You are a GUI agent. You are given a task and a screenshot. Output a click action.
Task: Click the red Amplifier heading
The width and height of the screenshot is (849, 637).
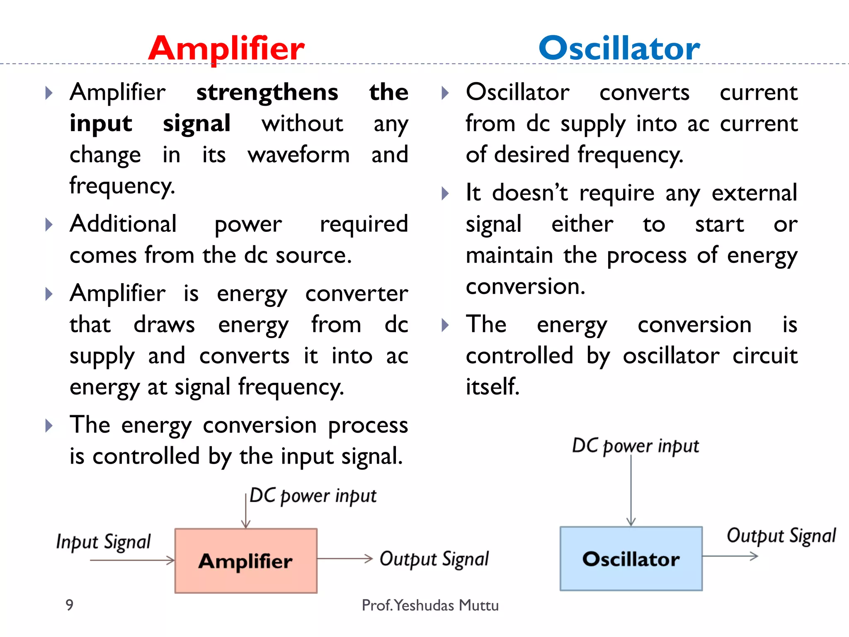click(226, 49)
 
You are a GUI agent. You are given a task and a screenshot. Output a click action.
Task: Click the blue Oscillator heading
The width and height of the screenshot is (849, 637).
click(619, 49)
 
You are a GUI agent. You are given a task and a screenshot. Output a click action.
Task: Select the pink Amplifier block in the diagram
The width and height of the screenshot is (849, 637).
click(246, 561)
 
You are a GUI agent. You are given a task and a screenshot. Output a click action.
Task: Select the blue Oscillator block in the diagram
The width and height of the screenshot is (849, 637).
click(631, 559)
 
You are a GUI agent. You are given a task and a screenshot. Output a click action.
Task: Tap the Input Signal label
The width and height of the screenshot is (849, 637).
click(103, 542)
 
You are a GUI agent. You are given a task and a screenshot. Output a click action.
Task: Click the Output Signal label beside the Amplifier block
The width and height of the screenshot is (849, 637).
click(434, 559)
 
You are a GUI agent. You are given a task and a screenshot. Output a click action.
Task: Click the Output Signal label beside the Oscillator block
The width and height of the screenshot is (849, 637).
click(781, 535)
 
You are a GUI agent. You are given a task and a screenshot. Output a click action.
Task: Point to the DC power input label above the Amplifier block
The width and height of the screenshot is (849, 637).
click(313, 496)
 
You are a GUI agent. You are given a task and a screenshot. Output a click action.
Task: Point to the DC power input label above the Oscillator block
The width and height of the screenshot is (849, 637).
click(635, 446)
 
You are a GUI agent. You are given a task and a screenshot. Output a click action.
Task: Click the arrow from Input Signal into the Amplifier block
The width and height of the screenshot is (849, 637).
click(133, 560)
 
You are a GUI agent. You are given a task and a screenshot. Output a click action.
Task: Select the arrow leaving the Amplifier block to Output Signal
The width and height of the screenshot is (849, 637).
click(345, 559)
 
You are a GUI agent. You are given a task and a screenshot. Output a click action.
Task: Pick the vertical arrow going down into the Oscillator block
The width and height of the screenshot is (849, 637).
click(631, 491)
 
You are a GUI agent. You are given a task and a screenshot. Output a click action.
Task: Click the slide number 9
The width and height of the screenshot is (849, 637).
click(70, 605)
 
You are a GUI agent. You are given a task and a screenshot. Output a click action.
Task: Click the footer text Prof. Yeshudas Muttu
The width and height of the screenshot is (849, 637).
click(430, 605)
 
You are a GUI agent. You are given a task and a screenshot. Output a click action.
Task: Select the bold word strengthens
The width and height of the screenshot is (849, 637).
click(267, 92)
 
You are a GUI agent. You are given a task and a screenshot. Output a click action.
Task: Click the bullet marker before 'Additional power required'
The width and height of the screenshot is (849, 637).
click(49, 225)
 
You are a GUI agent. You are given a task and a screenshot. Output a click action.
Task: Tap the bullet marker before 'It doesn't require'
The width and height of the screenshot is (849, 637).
click(445, 193)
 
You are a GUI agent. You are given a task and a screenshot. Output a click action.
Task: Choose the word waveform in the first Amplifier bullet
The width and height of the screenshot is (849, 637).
click(298, 155)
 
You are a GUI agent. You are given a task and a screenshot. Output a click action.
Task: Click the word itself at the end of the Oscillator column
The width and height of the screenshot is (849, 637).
click(492, 387)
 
